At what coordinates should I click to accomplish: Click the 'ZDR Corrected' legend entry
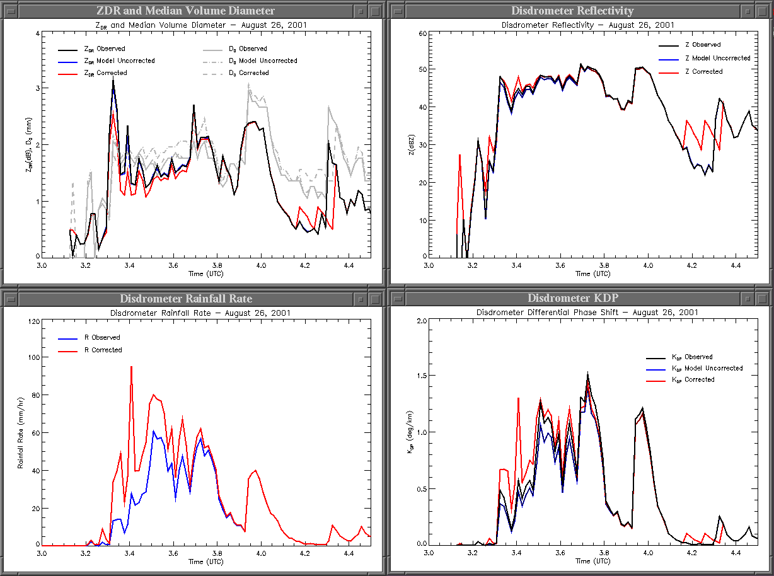(x=105, y=73)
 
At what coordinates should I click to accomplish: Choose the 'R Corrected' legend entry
(x=103, y=350)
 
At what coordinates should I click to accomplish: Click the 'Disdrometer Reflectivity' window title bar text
(x=572, y=11)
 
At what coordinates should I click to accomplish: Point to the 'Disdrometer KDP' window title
(x=572, y=298)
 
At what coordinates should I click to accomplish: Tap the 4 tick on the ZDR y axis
(x=37, y=34)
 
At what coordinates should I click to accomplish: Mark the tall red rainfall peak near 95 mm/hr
(x=131, y=367)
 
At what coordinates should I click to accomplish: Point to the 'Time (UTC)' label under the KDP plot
(x=592, y=561)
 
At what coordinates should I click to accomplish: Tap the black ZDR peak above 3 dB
(x=113, y=79)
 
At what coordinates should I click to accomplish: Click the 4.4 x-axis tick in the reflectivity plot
(x=736, y=266)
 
